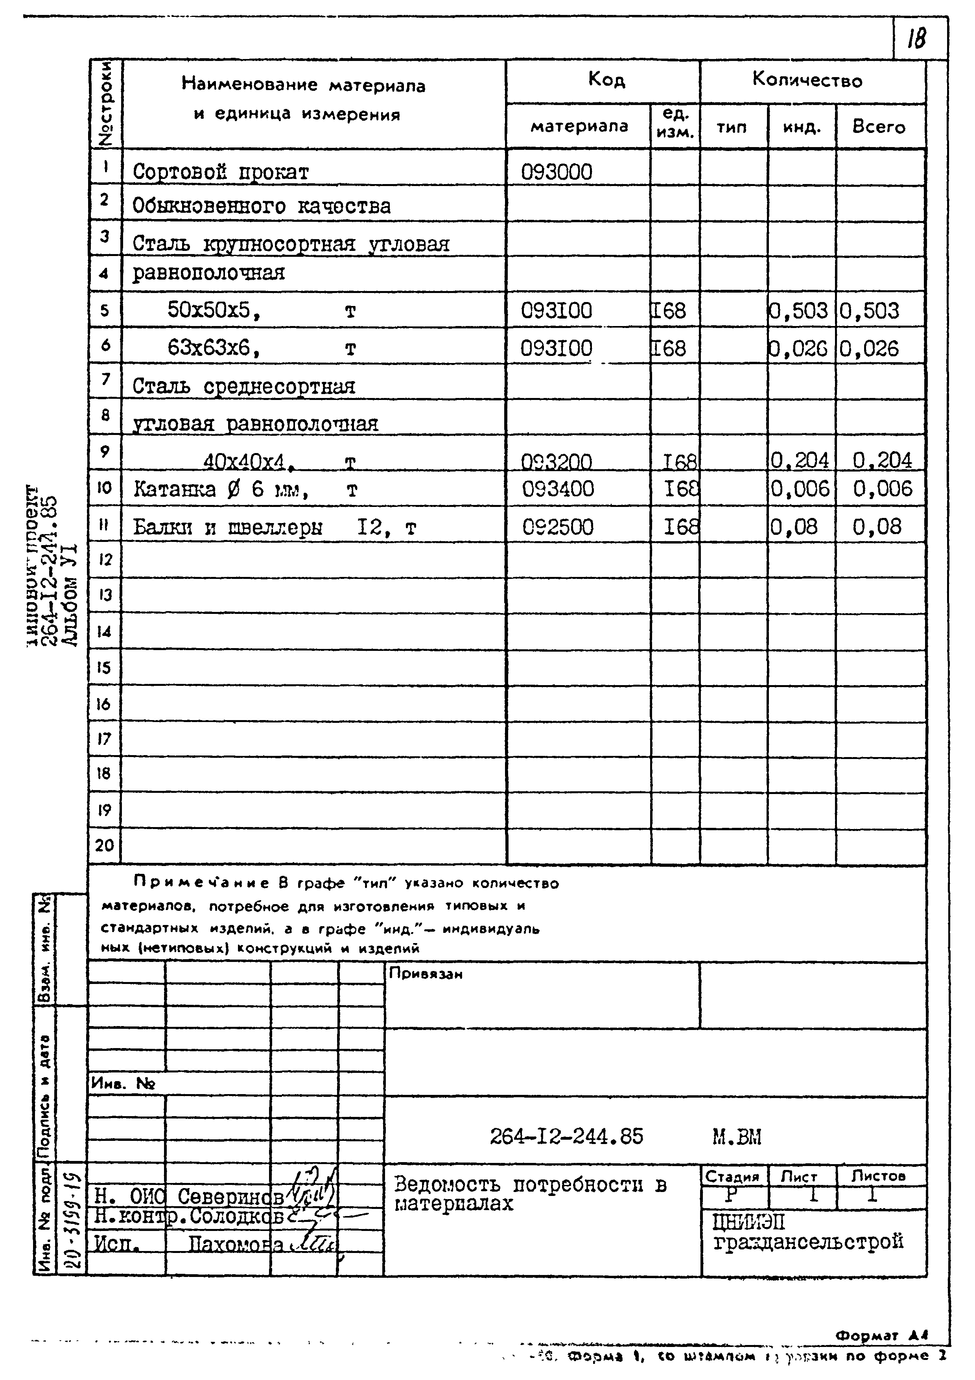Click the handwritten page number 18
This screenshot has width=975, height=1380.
[917, 38]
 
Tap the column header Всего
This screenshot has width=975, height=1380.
[878, 127]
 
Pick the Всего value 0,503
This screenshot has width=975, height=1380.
[869, 311]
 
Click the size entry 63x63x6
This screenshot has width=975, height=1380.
[208, 347]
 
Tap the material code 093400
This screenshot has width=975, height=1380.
[557, 489]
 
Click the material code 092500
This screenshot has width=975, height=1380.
[557, 527]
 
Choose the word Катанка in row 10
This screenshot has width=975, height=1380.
[174, 489]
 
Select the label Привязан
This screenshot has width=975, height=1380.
[426, 973]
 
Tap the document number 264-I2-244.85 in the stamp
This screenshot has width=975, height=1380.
[566, 1136]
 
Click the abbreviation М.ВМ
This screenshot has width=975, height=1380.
[736, 1137]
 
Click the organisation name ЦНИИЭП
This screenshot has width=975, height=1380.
[748, 1222]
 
